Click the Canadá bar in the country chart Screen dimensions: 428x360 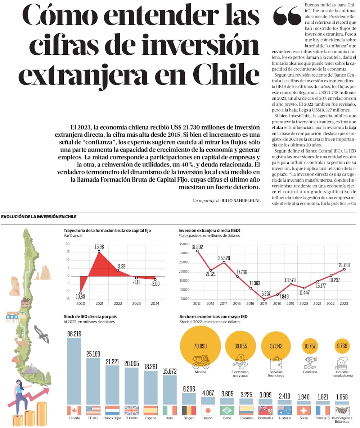tap(74, 370)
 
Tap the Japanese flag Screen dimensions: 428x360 tap(208, 410)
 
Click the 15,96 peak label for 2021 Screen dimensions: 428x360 tap(100, 247)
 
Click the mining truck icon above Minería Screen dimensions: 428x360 tap(201, 362)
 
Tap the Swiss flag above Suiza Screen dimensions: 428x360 tap(303, 410)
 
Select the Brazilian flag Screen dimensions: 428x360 tap(227, 410)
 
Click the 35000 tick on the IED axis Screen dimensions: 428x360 tap(184, 244)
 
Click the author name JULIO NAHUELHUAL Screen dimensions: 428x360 tap(240, 201)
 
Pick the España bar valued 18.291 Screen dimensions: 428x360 tap(150, 387)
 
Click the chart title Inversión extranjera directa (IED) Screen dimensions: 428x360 tap(209, 230)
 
